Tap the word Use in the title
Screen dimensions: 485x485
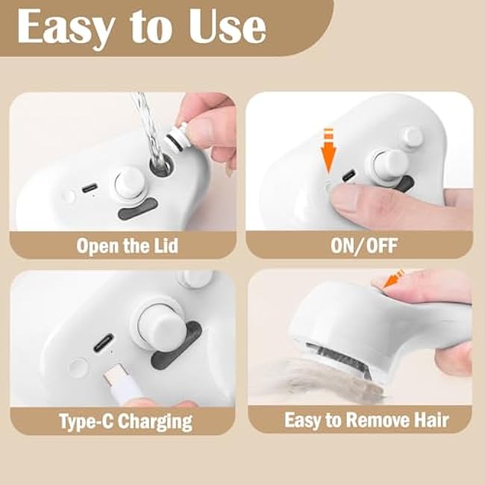[x=223, y=28]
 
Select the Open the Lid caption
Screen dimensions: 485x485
[x=127, y=245]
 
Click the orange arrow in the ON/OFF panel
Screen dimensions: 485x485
[x=327, y=154]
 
